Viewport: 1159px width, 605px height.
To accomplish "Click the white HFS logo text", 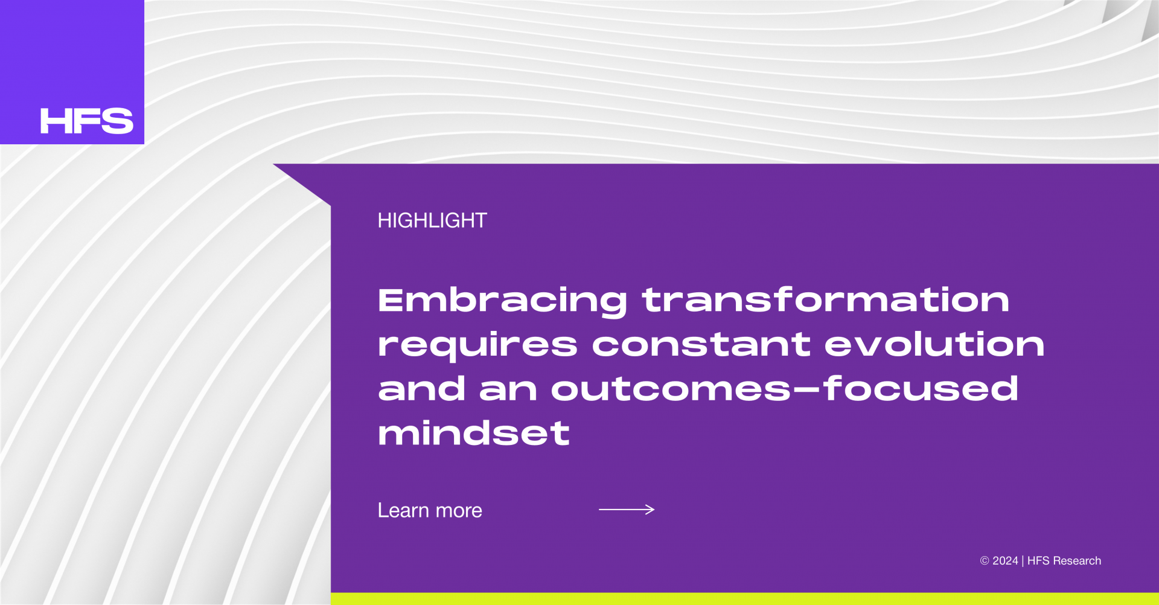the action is point(87,121).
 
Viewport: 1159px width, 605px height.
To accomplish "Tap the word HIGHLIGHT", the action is point(432,220).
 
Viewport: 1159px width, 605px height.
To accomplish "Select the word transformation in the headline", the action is point(826,299).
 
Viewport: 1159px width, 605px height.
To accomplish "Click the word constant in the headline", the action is point(701,345).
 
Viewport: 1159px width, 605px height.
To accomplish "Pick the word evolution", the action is point(934,344).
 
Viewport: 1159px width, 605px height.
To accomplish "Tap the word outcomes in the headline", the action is point(671,389).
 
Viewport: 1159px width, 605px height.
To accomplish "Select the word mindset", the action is point(474,433).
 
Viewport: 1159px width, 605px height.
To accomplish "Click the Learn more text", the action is point(430,511).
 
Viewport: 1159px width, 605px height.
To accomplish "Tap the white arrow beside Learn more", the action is point(627,510).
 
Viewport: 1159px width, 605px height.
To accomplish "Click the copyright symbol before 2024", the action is point(985,561).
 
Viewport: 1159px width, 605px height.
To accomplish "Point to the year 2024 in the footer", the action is point(1005,561).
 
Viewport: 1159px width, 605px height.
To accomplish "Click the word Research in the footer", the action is point(1077,561).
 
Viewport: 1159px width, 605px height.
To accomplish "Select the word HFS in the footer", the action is point(1038,561).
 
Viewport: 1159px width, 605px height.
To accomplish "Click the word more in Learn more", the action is point(459,511).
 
